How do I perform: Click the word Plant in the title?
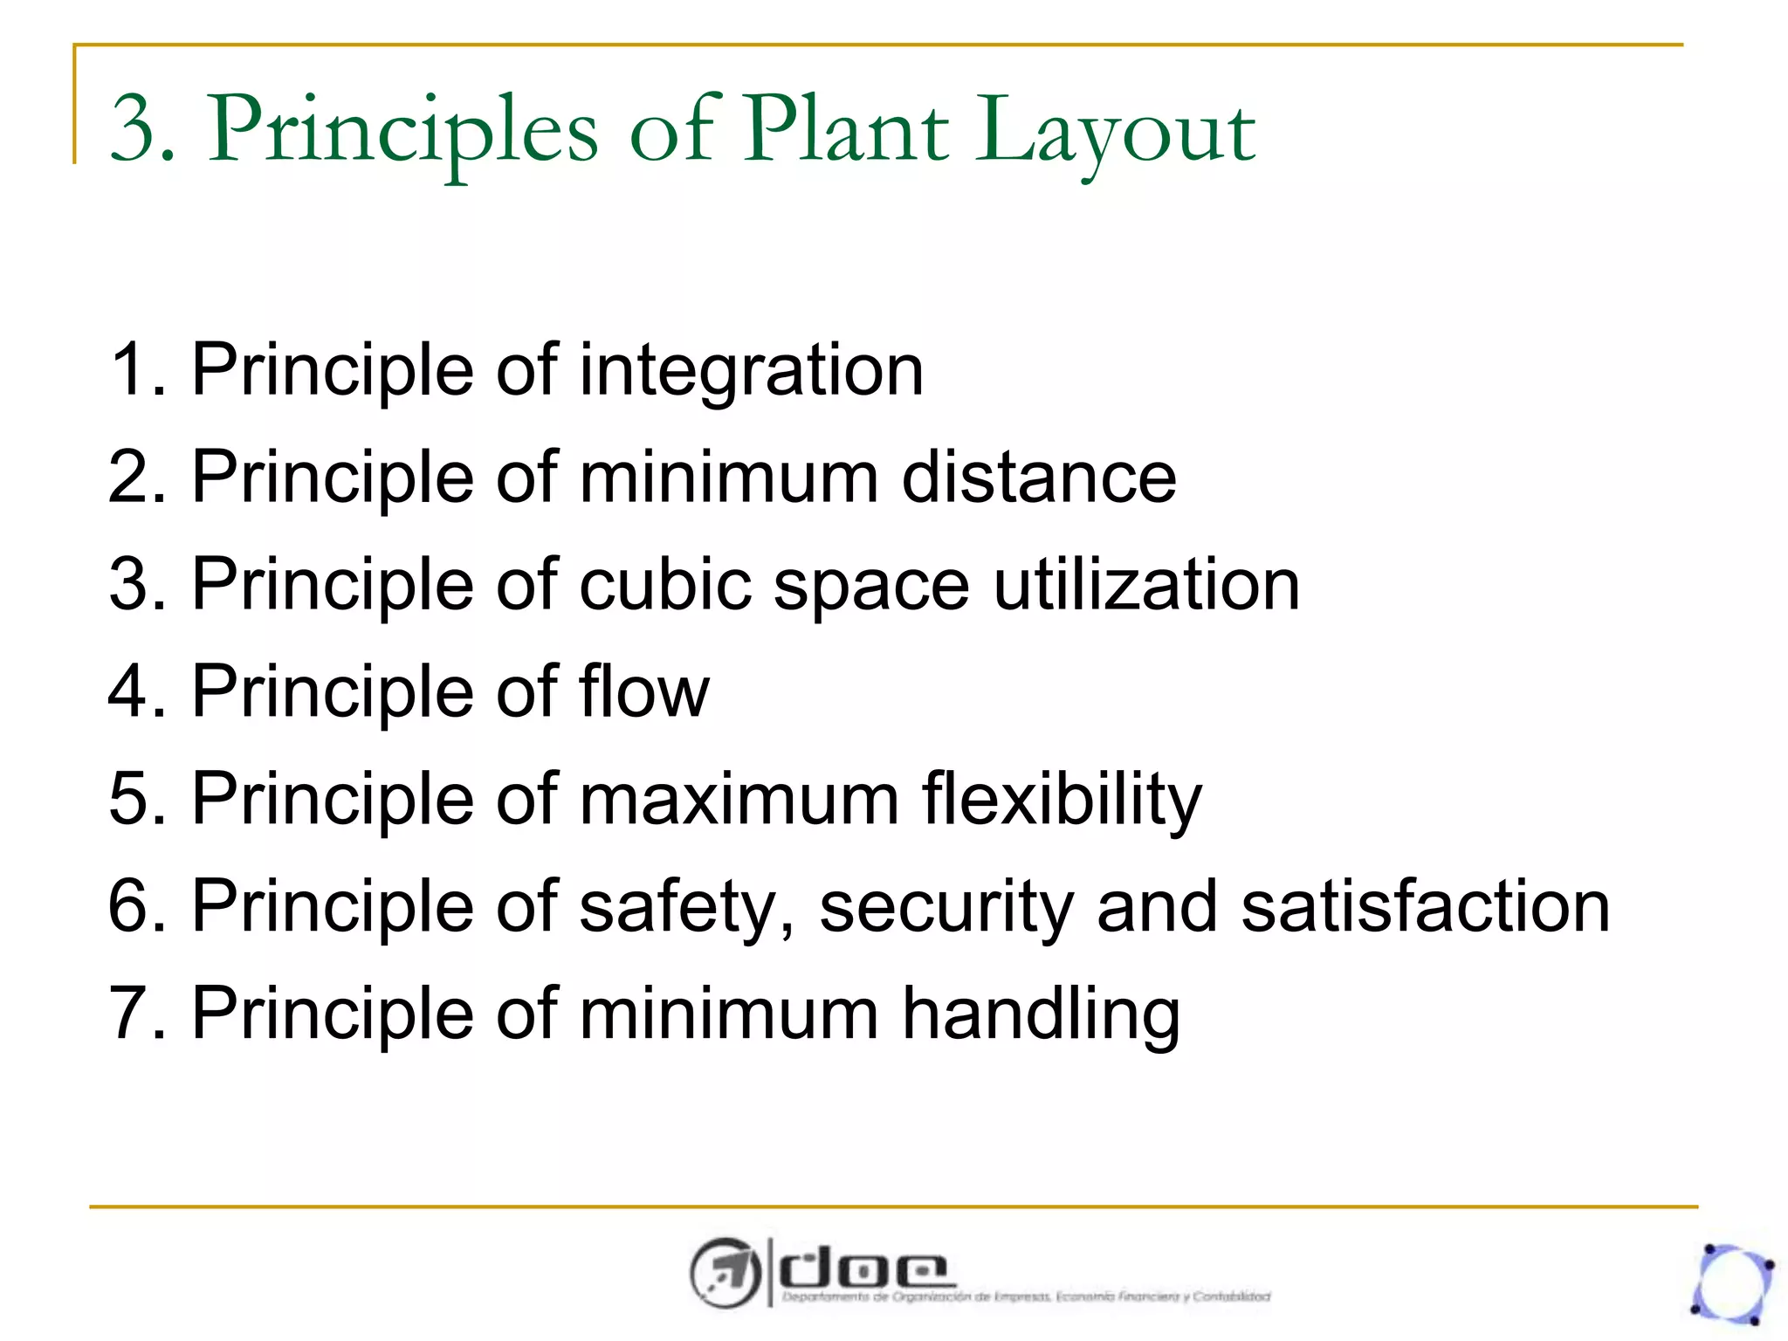pos(845,131)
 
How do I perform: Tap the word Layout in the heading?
pos(1115,133)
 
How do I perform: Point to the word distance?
pos(1039,478)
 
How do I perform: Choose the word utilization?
pos(1146,584)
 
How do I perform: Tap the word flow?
pos(644,691)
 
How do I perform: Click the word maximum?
pos(739,799)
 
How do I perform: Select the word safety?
pos(677,907)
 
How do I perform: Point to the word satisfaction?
pos(1425,906)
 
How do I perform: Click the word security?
pos(946,907)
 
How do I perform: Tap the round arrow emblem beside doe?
pos(725,1273)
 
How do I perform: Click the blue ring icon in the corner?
pos(1732,1283)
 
